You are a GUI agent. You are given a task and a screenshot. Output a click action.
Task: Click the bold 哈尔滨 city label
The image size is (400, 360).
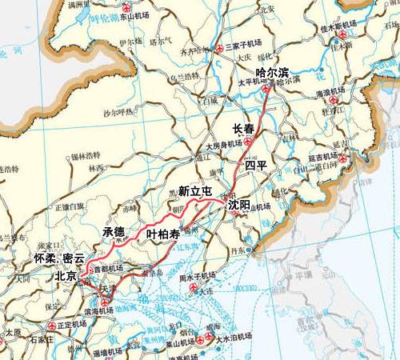[271, 71]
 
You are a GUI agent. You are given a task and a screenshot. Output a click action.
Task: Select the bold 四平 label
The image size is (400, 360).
[256, 166]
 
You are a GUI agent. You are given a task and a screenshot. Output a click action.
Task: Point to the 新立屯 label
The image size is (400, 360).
[195, 191]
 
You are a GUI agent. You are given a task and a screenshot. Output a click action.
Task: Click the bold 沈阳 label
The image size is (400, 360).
[239, 205]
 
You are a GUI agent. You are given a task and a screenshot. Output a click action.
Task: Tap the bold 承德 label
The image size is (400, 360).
[114, 231]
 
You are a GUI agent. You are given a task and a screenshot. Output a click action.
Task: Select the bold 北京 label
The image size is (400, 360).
[66, 274]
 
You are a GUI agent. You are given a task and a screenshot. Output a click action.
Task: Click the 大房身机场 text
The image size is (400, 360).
[223, 146]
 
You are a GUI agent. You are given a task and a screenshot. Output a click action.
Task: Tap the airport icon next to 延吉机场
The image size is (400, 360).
[344, 158]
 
